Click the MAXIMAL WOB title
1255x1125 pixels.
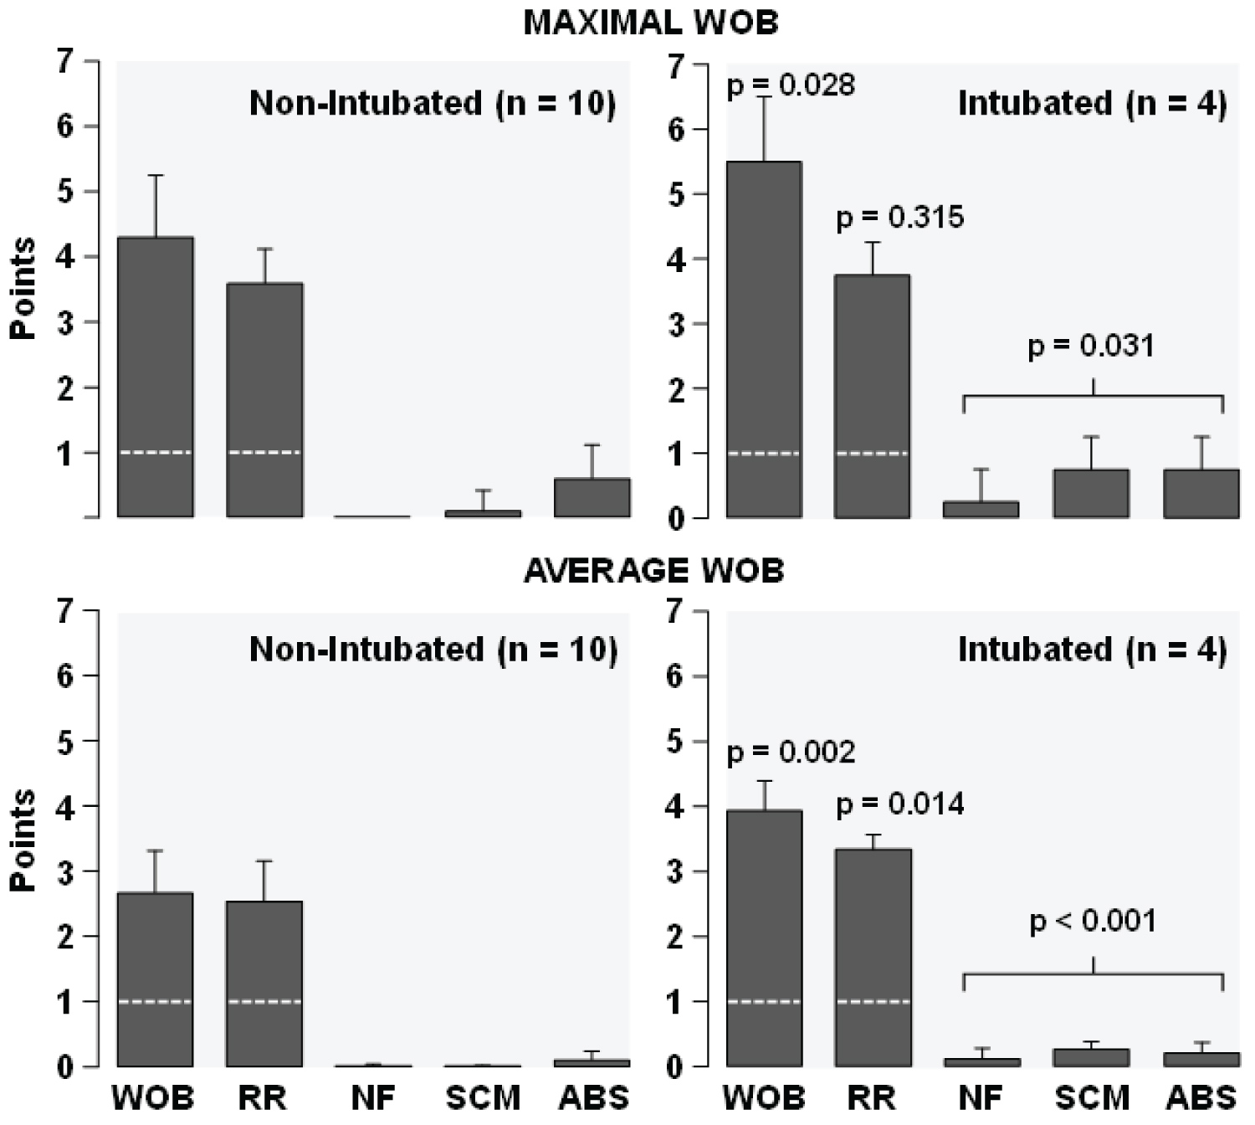point(651,23)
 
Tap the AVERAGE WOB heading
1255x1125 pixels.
point(653,571)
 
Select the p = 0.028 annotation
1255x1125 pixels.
point(791,85)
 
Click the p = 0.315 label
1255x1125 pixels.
point(900,218)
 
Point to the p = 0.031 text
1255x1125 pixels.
point(1091,346)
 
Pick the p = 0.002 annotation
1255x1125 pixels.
point(791,753)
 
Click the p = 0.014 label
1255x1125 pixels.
point(900,804)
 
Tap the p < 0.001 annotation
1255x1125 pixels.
point(1093,922)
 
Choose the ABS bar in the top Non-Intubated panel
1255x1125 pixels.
point(592,498)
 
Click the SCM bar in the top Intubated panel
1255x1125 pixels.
point(1091,494)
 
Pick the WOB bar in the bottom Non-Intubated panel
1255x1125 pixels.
point(156,979)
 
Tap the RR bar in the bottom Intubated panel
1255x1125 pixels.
point(873,958)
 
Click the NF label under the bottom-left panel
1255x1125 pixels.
point(373,1097)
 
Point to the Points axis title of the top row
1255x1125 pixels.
point(23,288)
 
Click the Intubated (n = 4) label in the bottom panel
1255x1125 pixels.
point(1092,650)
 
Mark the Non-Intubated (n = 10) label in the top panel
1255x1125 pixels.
point(433,104)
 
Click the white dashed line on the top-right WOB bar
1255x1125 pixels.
point(765,454)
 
